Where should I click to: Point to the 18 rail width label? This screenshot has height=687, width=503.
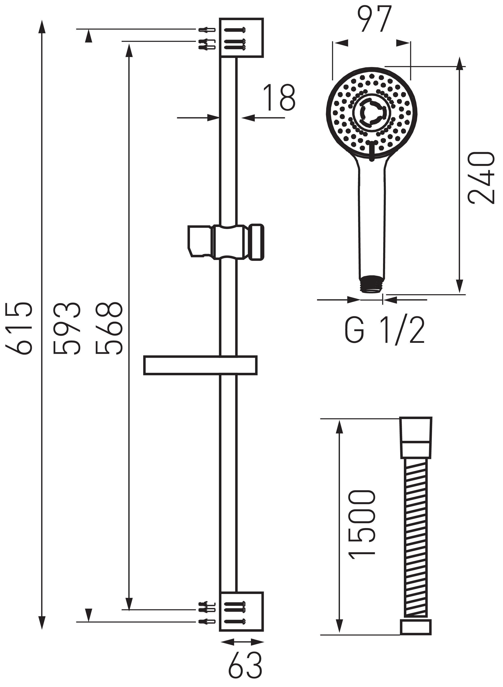pos(279,98)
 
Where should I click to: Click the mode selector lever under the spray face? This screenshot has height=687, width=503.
pos(371,151)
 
